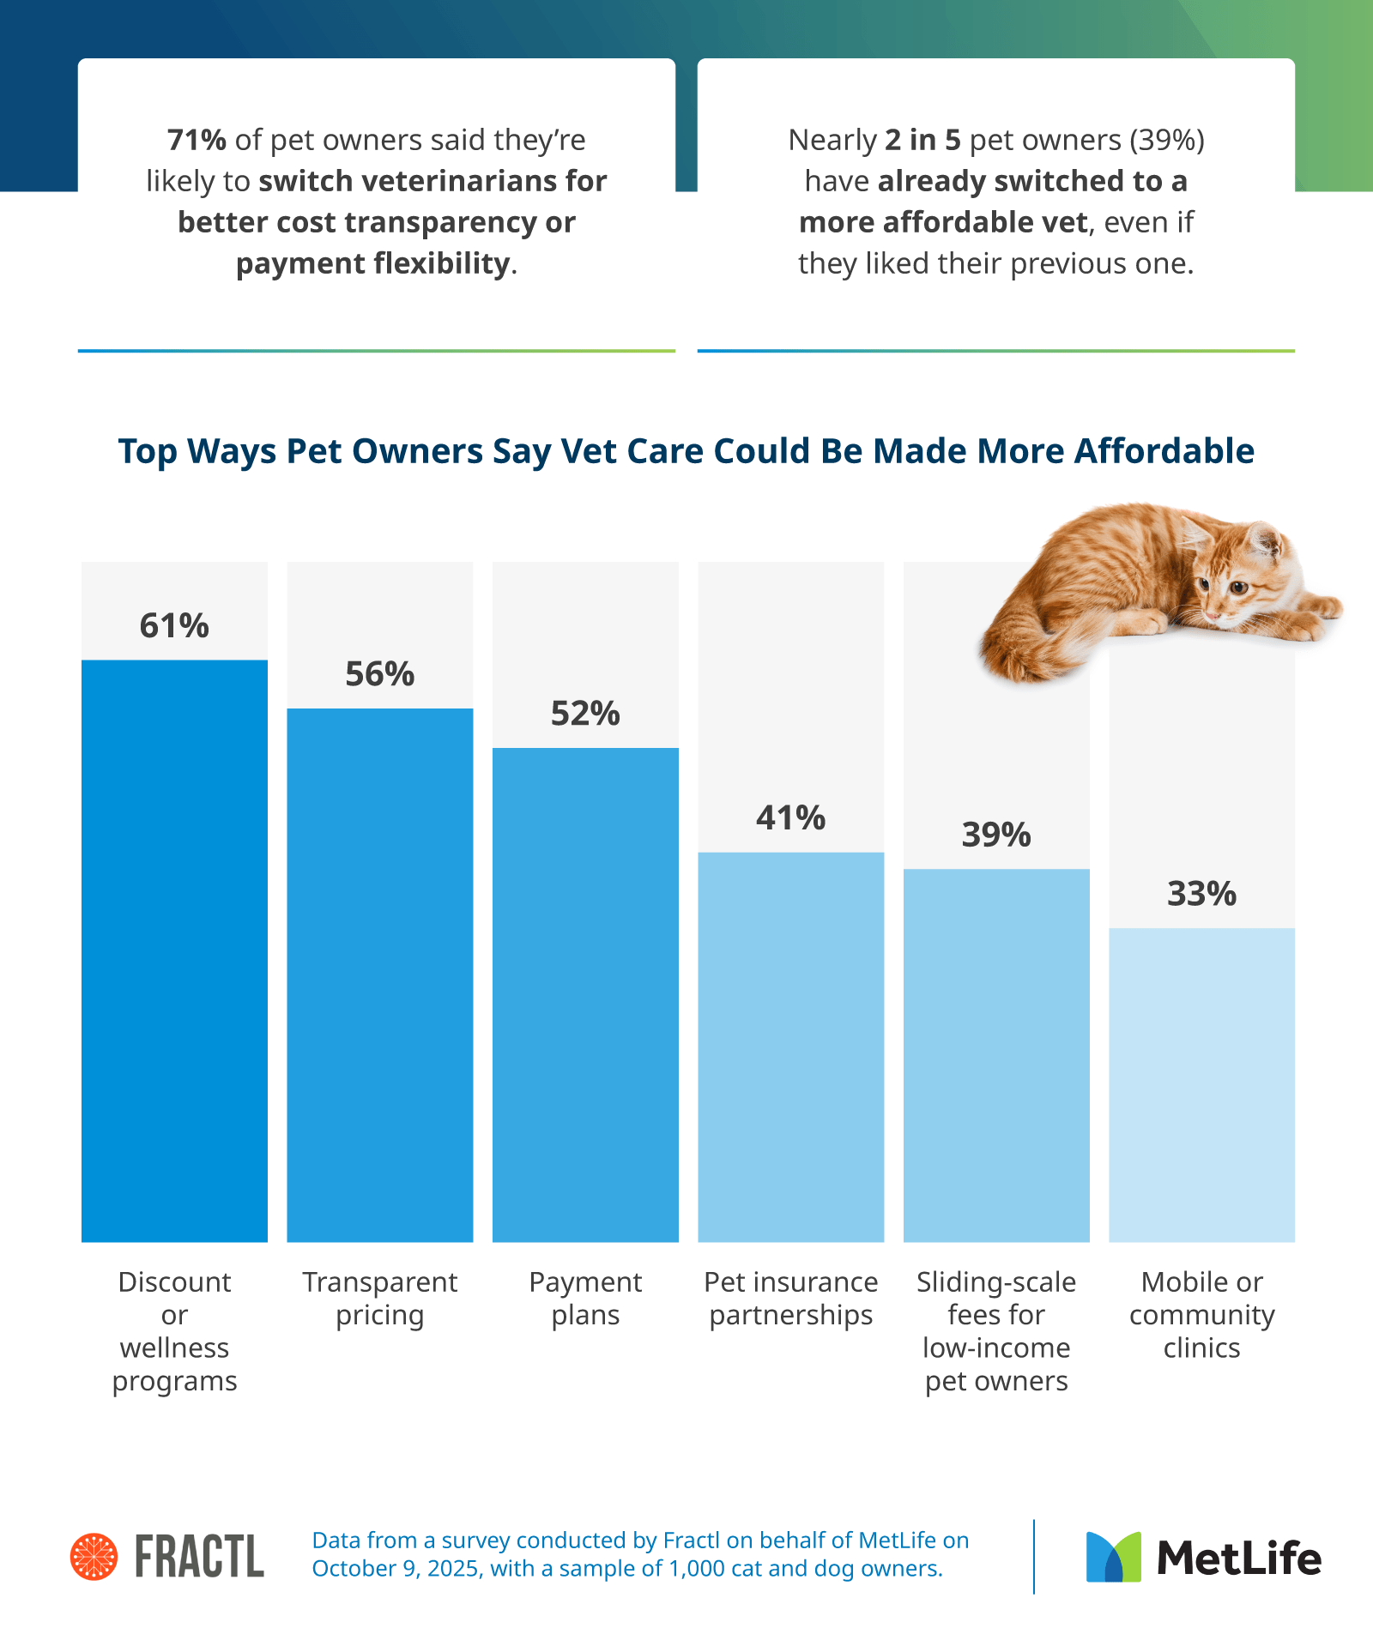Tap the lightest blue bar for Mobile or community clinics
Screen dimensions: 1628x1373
1201,1084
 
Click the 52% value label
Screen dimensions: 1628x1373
585,714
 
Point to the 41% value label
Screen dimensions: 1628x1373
790,818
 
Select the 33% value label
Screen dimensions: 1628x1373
1201,895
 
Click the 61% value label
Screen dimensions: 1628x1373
174,626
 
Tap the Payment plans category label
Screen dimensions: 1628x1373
585,1298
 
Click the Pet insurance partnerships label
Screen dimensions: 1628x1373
790,1298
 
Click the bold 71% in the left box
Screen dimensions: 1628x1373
197,140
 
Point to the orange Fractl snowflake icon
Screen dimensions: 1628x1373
94,1556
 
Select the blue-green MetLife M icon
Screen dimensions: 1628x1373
1113,1557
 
